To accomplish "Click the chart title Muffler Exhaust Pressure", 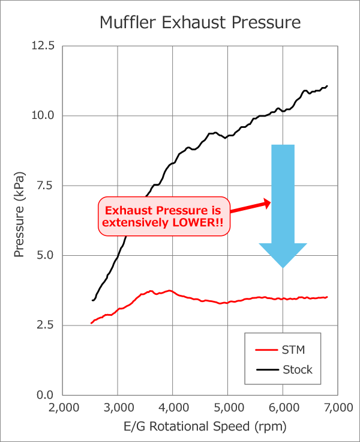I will coord(199,23).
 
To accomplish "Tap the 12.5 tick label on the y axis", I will coord(43,46).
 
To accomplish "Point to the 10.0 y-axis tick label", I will coord(43,116).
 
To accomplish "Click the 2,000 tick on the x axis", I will coord(62,408).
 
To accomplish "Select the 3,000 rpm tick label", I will coord(118,408).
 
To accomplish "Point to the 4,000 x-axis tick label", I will coord(173,408).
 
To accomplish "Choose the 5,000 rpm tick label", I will coord(228,408).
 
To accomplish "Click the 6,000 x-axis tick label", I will coord(283,408).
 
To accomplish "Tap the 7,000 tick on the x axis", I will coord(338,408).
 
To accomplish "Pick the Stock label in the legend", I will coord(298,369).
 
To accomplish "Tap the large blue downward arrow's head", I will coord(283,255).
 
